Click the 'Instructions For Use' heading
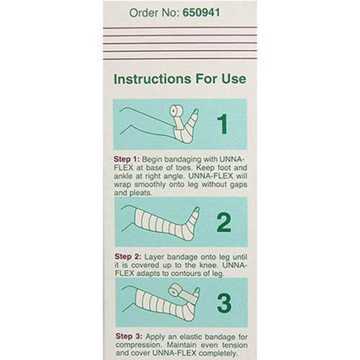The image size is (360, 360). click(x=180, y=78)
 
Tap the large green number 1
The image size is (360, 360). click(x=222, y=125)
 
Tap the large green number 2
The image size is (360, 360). click(x=222, y=223)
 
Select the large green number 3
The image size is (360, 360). click(x=222, y=304)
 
